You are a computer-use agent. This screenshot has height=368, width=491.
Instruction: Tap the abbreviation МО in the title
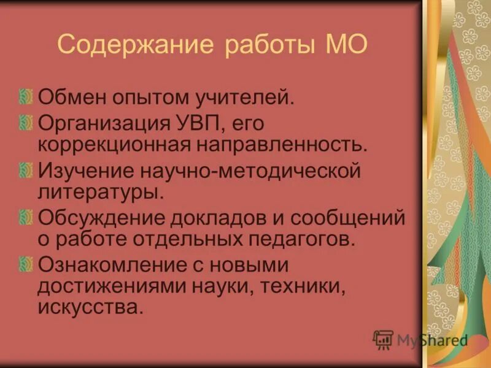click(x=344, y=45)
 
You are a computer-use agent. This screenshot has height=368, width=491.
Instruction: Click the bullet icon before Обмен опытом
click(x=25, y=96)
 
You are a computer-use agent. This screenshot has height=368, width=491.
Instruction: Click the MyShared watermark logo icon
click(x=384, y=339)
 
